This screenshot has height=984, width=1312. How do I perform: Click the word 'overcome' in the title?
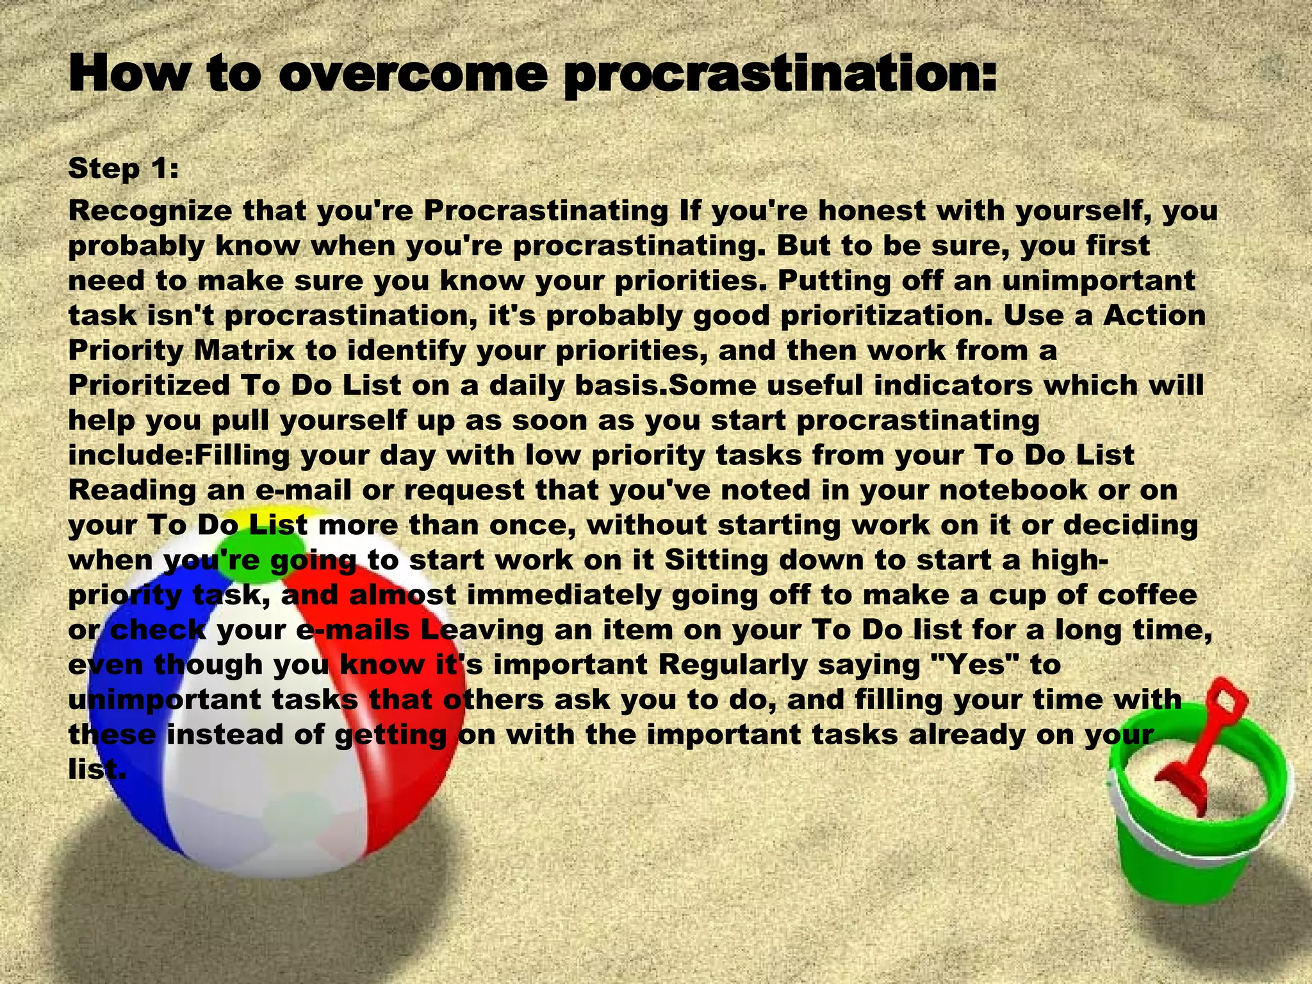click(x=413, y=75)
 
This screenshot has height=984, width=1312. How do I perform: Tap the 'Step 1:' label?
click(x=123, y=168)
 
